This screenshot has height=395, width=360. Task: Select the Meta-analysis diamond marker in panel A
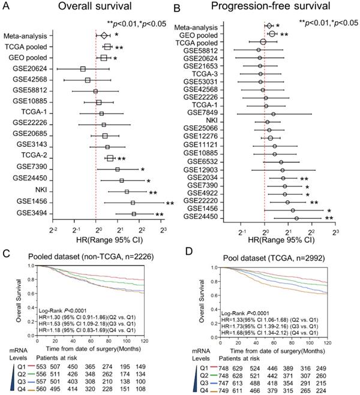click(x=103, y=36)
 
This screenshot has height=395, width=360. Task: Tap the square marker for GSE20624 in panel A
click(x=83, y=69)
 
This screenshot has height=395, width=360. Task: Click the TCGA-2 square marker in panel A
click(x=110, y=158)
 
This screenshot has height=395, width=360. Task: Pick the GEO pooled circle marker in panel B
click(x=272, y=34)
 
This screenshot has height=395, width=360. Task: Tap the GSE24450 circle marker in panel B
click(x=296, y=219)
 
